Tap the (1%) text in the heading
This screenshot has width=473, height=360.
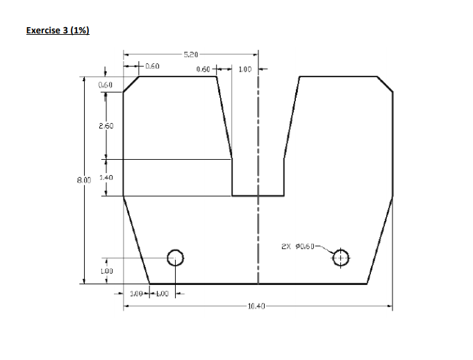[80, 31]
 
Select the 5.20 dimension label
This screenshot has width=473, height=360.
[192, 54]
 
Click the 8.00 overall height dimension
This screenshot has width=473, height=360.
[84, 179]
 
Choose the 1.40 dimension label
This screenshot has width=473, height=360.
[106, 178]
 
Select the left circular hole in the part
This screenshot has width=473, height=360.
[175, 258]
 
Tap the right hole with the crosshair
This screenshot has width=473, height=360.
[340, 258]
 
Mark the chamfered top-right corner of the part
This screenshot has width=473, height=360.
[385, 83]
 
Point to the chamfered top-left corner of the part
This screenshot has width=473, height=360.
[131, 83]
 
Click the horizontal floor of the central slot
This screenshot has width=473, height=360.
[258, 196]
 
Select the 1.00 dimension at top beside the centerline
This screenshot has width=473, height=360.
[244, 69]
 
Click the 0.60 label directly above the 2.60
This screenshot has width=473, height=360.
[106, 84]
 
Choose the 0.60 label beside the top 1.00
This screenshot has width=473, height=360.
[204, 69]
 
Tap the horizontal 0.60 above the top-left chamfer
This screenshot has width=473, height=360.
[153, 66]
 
